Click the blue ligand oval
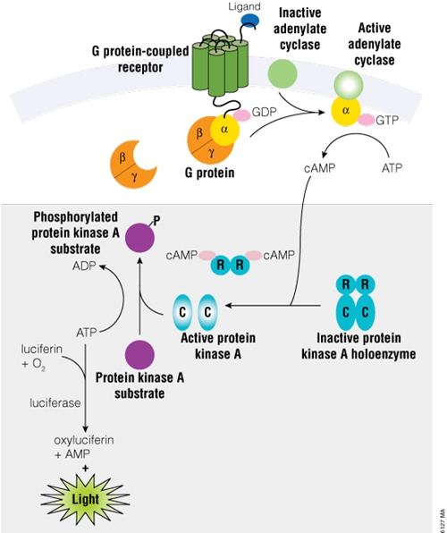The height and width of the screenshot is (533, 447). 249,21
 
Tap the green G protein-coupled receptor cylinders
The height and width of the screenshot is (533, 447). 220,64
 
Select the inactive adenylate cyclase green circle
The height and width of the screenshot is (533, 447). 283,73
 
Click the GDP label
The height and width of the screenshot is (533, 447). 264,112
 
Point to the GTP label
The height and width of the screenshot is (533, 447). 387,120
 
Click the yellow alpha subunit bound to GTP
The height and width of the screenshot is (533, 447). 346,111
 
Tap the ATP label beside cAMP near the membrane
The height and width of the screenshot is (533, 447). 392,167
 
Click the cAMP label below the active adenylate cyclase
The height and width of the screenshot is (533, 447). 319,167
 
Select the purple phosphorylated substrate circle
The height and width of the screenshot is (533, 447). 139,238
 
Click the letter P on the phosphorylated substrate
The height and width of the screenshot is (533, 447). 156,221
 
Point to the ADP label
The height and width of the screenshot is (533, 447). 84,266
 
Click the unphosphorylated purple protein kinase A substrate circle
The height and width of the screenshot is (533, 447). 139,355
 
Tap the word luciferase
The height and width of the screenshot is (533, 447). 55,402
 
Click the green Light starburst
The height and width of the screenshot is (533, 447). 85,499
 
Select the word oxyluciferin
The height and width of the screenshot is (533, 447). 84,440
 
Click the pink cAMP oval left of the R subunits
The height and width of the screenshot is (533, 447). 207,255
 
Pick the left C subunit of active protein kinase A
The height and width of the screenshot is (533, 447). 182,312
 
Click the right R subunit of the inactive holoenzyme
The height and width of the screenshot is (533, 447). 366,284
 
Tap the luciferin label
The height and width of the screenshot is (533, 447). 42,349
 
